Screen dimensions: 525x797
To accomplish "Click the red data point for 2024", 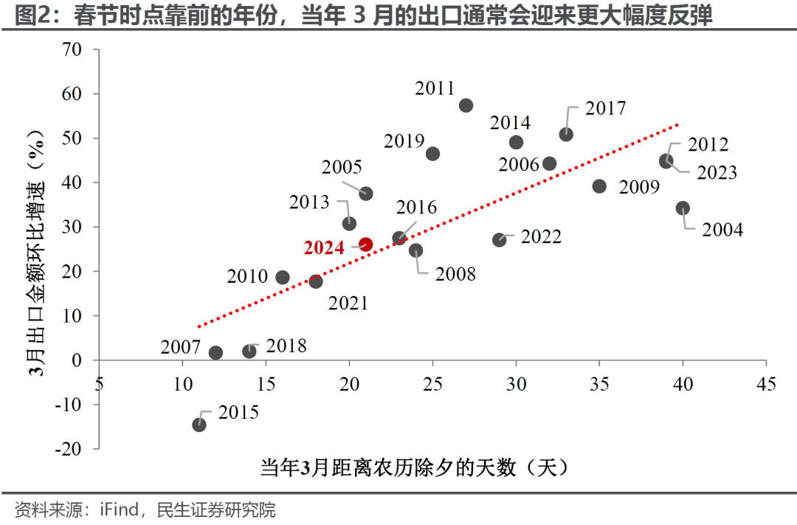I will tap(365, 244).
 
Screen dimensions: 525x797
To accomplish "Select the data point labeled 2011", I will tap(466, 106).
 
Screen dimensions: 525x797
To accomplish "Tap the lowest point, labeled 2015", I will tap(199, 425).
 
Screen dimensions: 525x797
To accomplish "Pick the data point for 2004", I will tap(683, 208).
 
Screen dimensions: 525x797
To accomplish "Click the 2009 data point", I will tap(599, 186).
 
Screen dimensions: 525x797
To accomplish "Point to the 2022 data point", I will tap(500, 240).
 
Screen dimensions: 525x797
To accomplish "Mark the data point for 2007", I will tap(215, 353).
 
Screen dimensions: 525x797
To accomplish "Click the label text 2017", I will tap(605, 109).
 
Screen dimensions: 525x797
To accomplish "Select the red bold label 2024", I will tap(324, 247).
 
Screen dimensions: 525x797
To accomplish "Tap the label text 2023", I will tap(717, 173).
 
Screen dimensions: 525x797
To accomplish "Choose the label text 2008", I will tap(455, 275).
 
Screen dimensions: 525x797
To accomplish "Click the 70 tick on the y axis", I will tap(71, 50).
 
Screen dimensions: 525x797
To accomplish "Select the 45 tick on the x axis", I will tap(766, 383).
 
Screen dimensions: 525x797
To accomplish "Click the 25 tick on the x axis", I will tap(433, 383).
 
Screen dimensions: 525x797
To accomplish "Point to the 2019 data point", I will tap(432, 154).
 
